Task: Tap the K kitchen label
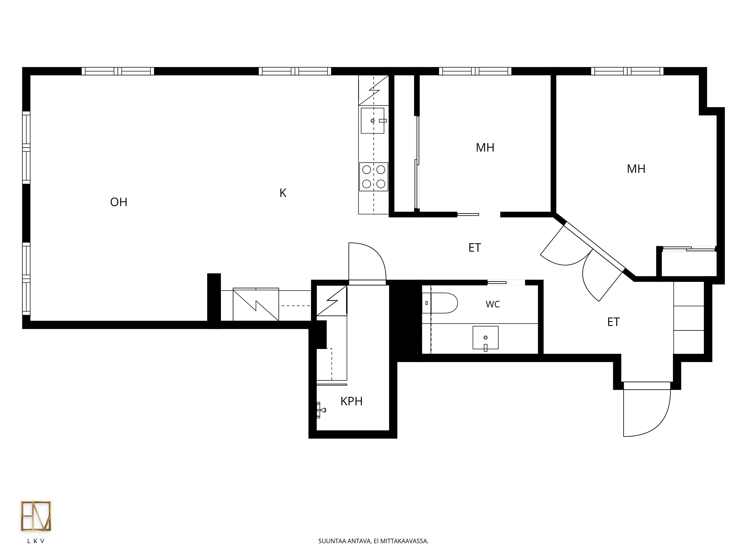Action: [283, 193]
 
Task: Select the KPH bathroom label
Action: [351, 401]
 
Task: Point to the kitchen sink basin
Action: [373, 121]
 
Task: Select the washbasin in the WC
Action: [485, 337]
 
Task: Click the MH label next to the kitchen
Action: [485, 147]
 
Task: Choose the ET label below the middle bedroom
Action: [475, 248]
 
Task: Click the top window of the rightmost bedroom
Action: [627, 71]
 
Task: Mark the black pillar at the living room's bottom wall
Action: [214, 300]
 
